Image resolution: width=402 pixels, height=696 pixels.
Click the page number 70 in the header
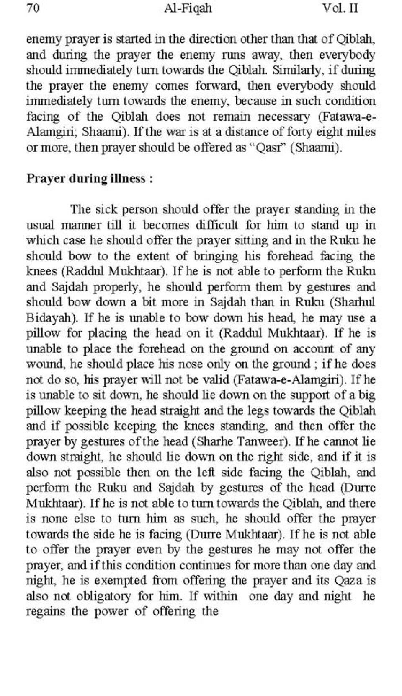[33, 8]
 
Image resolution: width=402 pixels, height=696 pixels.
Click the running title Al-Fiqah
[188, 8]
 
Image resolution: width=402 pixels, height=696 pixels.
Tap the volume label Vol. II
[340, 8]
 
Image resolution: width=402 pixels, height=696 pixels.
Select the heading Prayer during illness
[89, 179]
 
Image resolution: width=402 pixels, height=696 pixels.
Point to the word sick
[106, 210]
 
